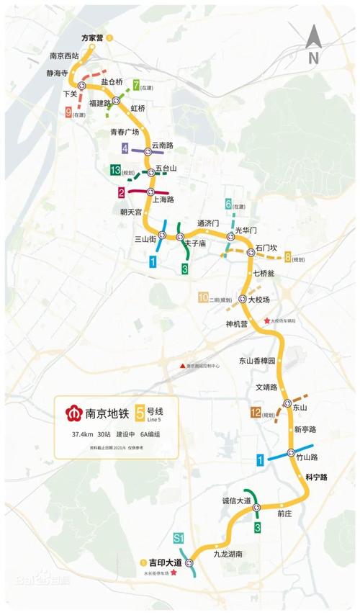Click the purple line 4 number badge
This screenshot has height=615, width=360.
(125, 149)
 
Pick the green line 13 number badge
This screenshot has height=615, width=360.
(114, 171)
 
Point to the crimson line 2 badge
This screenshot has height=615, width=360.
(122, 192)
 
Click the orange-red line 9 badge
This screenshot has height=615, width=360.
(68, 112)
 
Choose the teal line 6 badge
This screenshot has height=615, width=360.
(228, 204)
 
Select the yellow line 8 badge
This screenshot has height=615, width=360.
(288, 257)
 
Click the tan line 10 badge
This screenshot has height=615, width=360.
(203, 297)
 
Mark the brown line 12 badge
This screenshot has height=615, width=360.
(256, 413)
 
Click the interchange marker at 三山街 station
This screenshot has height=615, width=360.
(163, 235)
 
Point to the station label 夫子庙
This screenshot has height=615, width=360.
(194, 244)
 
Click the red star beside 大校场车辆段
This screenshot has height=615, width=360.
(267, 320)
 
